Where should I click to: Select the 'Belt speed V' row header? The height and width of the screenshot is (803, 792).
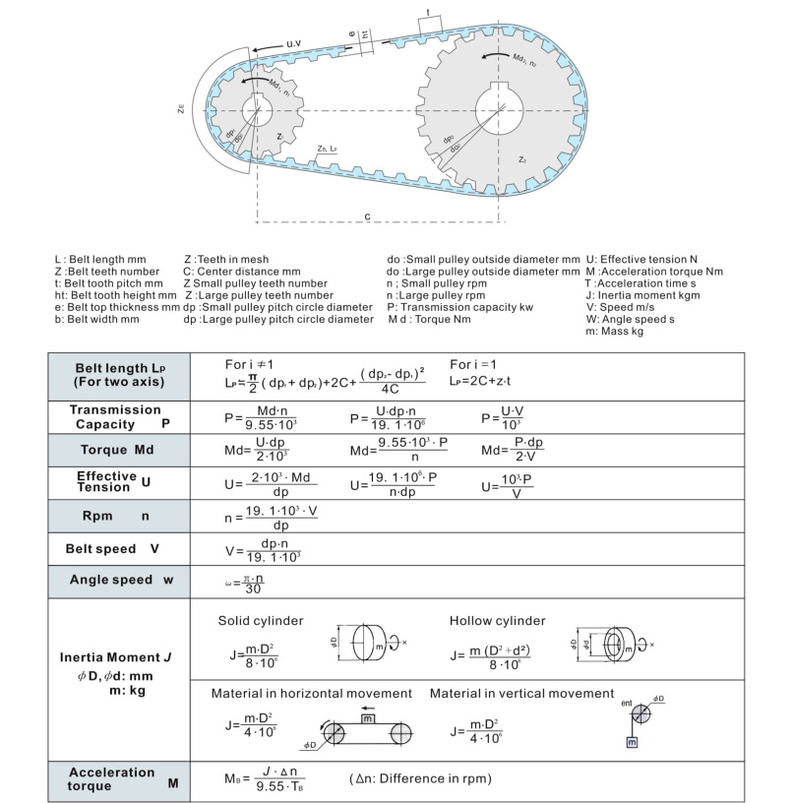[x=119, y=548]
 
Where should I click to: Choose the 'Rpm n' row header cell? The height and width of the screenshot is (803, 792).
[x=118, y=515]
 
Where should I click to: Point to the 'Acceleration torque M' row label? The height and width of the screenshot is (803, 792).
[x=119, y=779]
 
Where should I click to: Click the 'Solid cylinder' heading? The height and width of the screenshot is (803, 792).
[x=260, y=621]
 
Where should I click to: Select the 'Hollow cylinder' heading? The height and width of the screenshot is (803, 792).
[x=497, y=621]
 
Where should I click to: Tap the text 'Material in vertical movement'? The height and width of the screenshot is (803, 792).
[x=521, y=694]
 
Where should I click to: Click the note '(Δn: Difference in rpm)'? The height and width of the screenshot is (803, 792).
[x=420, y=779]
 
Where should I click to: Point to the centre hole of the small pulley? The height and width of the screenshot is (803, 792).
[x=258, y=110]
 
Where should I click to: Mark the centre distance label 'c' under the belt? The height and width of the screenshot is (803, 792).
[x=366, y=216]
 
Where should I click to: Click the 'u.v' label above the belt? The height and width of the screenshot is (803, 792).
[x=293, y=45]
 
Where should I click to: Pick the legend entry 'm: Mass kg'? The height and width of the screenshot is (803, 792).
[x=615, y=332]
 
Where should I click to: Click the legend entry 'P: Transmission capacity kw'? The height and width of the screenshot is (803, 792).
[x=460, y=307]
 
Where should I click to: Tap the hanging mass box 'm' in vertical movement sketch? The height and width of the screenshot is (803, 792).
[x=632, y=740]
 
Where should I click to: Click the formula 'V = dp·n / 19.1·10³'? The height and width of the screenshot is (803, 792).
[x=263, y=549]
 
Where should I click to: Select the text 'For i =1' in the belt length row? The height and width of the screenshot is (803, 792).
[x=477, y=363]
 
